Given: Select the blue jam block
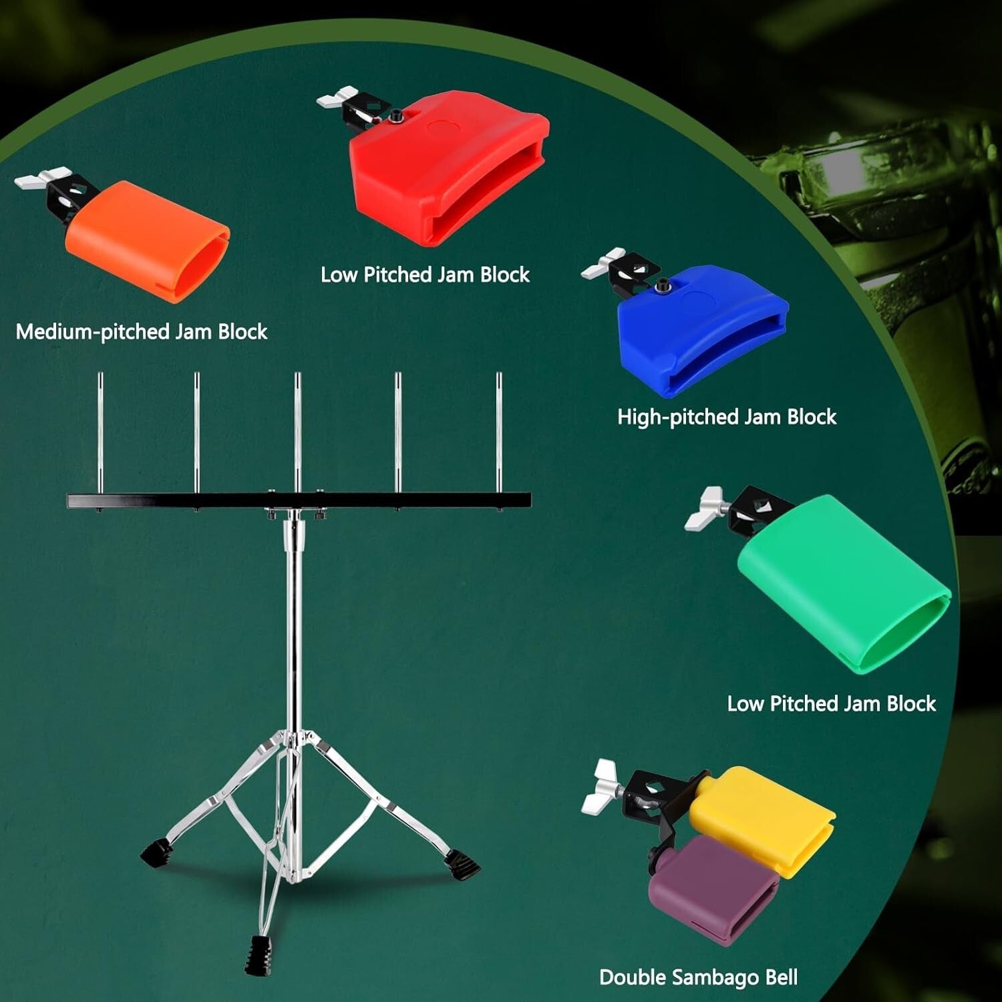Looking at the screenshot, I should pos(701,327).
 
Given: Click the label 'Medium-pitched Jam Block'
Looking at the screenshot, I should pos(142,332).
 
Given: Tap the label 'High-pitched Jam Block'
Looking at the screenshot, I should pos(727,417).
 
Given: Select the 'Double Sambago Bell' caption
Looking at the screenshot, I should pos(698,977).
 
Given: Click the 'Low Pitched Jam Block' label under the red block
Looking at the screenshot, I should pos(425,275).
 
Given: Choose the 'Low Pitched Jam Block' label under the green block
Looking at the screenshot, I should pos(832,703).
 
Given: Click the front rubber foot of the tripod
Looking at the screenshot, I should pos(257,955).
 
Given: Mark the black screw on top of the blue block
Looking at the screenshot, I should pos(663,285).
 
